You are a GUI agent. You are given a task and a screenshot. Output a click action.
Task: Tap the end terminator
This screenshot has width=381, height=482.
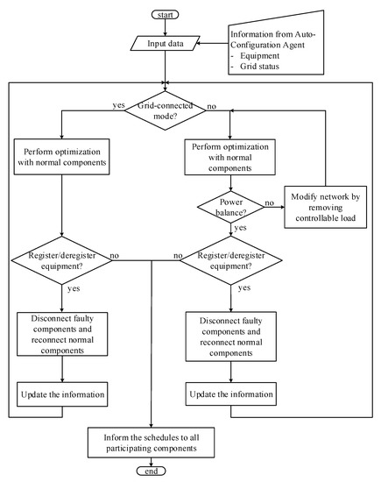pyautogui.click(x=152, y=471)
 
